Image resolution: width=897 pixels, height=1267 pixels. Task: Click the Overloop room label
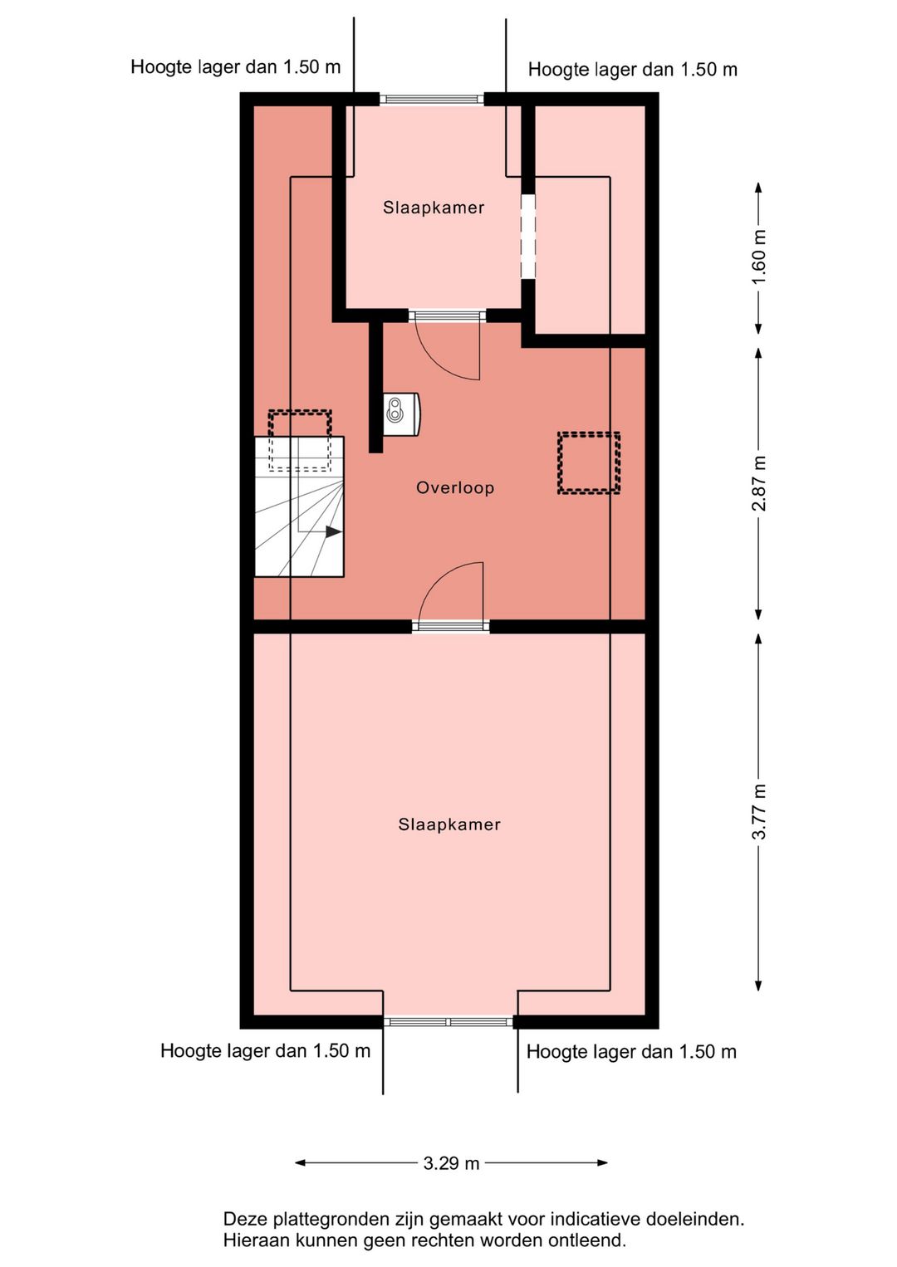click(x=455, y=487)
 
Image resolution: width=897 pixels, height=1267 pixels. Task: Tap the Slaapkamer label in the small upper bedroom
click(x=434, y=208)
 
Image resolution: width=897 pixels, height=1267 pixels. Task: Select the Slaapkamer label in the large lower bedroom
click(x=449, y=824)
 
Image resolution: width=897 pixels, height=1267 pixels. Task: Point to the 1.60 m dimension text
click(x=760, y=257)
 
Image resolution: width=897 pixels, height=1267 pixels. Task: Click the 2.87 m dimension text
click(x=760, y=483)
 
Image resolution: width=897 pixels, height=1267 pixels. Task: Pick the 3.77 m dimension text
click(x=760, y=811)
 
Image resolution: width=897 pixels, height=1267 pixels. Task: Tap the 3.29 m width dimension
click(x=451, y=1163)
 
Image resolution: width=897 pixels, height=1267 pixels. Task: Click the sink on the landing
click(x=402, y=414)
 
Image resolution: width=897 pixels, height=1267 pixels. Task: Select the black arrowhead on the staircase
click(x=334, y=531)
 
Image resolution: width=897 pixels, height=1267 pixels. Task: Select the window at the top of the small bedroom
click(x=432, y=99)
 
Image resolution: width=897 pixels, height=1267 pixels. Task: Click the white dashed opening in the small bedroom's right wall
click(x=528, y=236)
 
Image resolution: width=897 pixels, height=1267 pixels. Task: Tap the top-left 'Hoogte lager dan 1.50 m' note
click(x=235, y=66)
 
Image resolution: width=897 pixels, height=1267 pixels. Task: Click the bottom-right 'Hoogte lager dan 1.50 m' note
click(x=631, y=1051)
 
